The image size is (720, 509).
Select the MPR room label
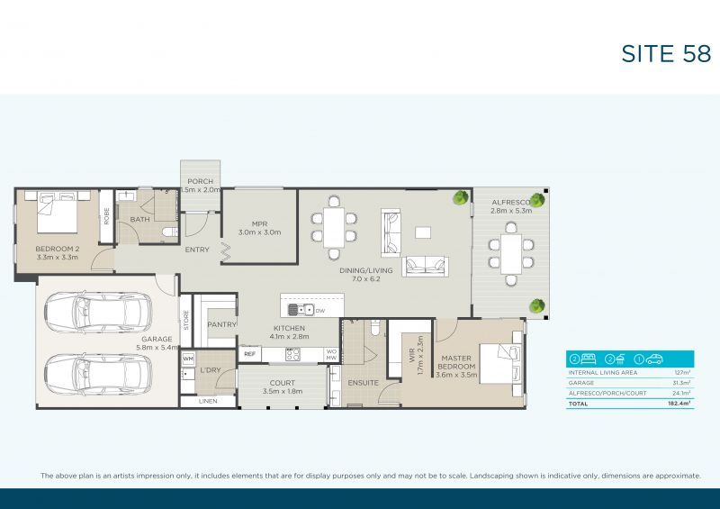[x=260, y=227]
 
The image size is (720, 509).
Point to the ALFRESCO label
[x=510, y=205]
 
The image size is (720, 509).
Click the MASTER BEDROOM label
[x=454, y=362]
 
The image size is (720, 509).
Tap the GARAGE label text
[x=155, y=341]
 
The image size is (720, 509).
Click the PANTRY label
[x=221, y=324]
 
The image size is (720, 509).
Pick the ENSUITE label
[x=363, y=383]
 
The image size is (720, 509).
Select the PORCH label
[x=200, y=182]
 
